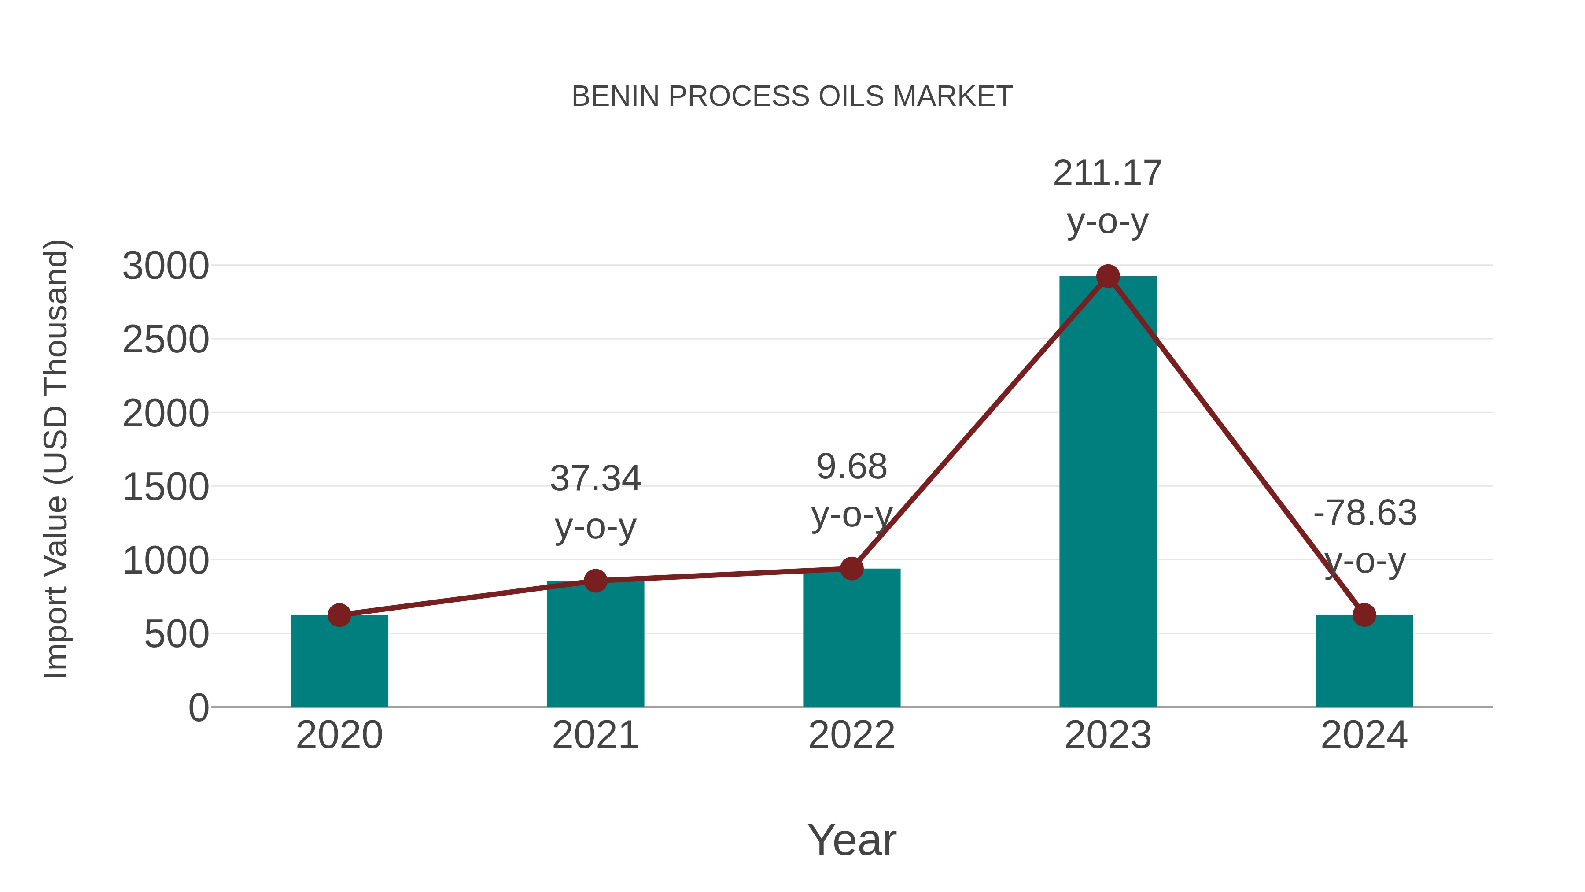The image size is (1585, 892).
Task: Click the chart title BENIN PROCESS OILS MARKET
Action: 792,96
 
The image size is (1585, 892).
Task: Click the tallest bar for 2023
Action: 1108,492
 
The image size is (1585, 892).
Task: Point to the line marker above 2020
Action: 339,615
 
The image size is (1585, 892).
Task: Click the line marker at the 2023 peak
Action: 1108,276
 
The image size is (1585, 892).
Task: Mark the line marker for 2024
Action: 1364,615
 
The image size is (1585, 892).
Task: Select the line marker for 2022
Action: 851,569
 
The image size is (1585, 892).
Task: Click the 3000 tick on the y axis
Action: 166,266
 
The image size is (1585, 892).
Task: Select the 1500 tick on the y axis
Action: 166,488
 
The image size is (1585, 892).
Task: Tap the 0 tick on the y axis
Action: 198,708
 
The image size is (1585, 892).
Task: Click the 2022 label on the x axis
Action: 851,736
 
